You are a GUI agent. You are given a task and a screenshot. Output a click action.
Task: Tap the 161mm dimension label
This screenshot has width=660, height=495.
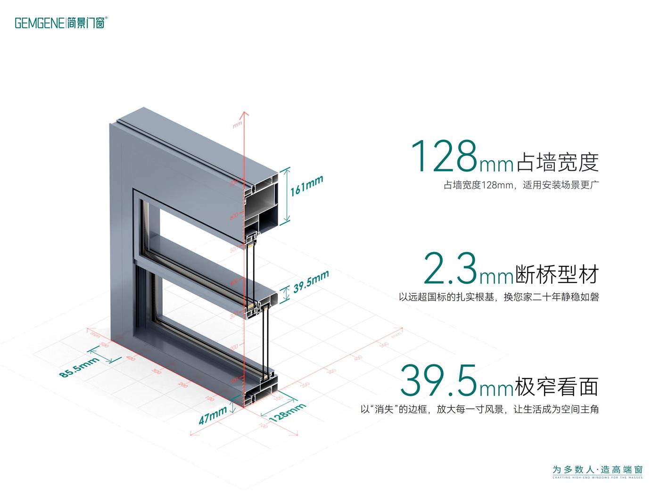tap(306, 185)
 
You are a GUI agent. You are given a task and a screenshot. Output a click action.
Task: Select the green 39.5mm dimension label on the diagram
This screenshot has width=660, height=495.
tap(311, 282)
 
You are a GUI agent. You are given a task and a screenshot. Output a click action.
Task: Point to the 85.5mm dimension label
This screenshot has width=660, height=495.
tap(79, 367)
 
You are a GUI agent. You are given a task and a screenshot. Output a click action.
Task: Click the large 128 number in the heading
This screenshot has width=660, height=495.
tap(445, 157)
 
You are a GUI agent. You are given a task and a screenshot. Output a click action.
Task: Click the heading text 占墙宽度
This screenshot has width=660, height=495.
tap(558, 162)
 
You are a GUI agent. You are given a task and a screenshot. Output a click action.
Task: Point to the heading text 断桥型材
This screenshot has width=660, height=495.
tap(558, 274)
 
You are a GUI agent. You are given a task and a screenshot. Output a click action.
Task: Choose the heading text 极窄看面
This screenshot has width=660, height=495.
tap(558, 386)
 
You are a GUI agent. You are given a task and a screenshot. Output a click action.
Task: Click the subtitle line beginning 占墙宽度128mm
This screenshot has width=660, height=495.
tap(520, 185)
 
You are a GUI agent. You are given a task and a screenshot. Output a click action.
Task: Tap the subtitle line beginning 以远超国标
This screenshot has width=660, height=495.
tap(499, 297)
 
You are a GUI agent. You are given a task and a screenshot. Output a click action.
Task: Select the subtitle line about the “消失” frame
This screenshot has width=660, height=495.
tap(479, 409)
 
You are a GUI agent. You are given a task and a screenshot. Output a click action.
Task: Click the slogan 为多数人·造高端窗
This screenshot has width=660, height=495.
tap(597, 470)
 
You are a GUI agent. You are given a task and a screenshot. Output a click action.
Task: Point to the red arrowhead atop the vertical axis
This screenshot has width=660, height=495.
tap(244, 114)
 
